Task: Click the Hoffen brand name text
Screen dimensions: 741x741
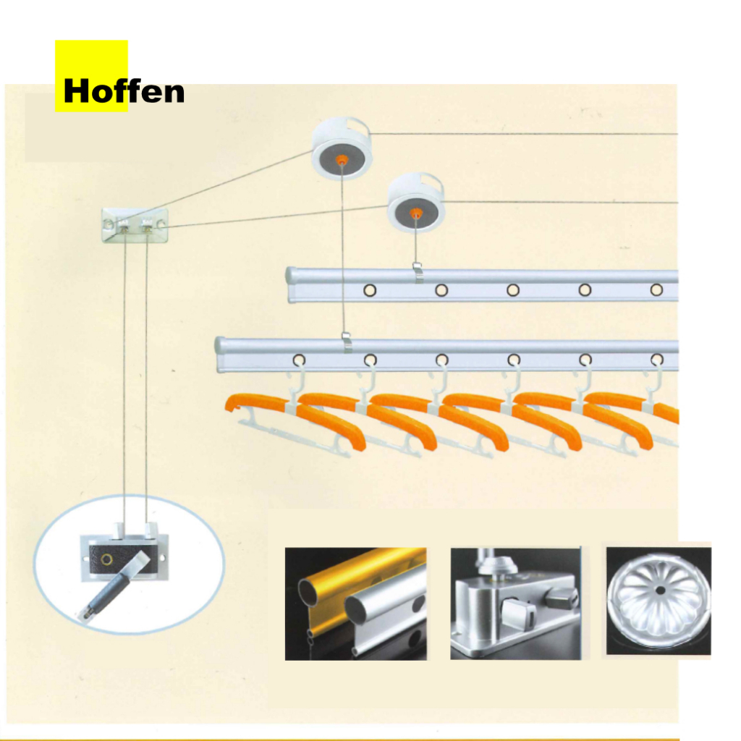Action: coord(124,91)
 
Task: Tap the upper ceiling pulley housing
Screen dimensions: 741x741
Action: coord(342,148)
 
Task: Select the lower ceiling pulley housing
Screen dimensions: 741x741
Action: coord(416,203)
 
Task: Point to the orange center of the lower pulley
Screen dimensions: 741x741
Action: coord(415,213)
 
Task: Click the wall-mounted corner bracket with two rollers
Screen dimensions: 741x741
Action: coord(135,226)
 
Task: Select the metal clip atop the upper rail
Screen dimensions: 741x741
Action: coord(418,273)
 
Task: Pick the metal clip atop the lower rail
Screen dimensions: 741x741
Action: coord(347,342)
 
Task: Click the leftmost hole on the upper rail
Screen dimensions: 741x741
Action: coord(370,289)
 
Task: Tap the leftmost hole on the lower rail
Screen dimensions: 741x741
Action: coord(299,360)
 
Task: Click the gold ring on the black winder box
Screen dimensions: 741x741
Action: coord(107,559)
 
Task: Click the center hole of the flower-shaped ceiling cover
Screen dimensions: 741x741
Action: coord(660,590)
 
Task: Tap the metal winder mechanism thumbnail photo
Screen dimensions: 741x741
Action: coord(515,604)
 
